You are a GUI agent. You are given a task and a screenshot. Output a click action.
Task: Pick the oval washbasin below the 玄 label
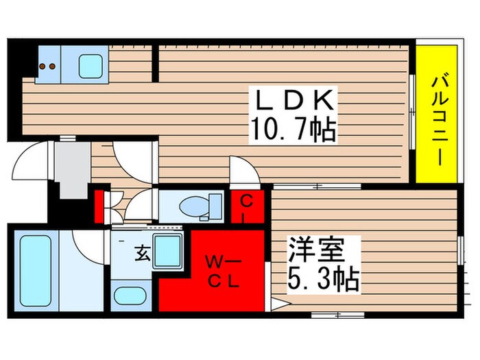tap(130, 296)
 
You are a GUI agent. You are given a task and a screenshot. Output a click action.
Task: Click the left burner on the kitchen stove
tap(43, 67)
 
